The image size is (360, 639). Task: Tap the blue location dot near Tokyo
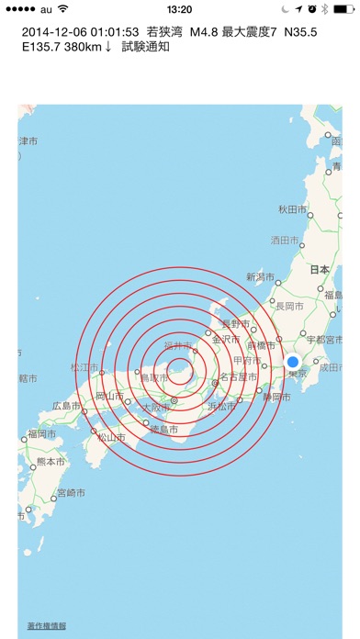tap(294, 362)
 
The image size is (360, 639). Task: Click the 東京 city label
tap(295, 375)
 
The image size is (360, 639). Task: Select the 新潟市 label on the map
tap(262, 276)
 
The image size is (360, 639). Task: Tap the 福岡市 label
tap(45, 433)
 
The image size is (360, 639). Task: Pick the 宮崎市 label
tap(72, 492)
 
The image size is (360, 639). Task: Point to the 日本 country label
tap(319, 270)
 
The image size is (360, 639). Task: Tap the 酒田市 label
tap(285, 241)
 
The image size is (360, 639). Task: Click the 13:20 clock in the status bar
tap(180, 8)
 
